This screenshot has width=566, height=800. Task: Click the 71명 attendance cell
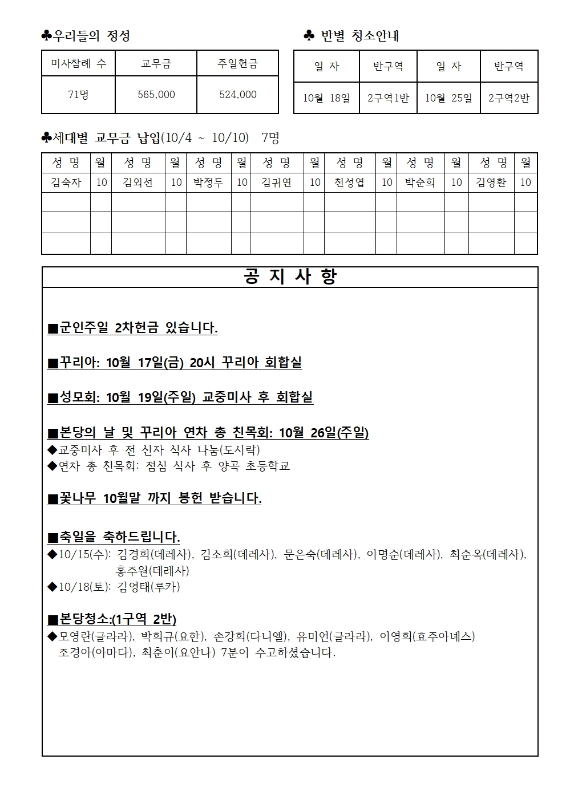click(78, 95)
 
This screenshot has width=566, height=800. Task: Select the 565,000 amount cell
click(156, 95)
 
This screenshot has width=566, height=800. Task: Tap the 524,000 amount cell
click(237, 95)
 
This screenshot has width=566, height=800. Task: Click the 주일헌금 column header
click(237, 64)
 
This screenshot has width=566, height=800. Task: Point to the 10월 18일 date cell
click(326, 98)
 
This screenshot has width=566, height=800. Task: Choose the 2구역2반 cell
click(509, 98)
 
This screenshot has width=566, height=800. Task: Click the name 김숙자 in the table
click(66, 182)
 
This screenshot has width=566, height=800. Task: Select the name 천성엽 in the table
click(349, 182)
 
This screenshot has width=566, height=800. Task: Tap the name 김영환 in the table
click(491, 182)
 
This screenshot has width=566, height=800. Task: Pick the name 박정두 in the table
click(208, 182)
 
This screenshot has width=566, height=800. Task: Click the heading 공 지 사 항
click(290, 277)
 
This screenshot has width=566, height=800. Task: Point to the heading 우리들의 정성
click(91, 36)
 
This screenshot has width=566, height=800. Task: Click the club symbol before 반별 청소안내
click(309, 36)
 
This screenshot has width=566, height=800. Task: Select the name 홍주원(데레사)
click(152, 570)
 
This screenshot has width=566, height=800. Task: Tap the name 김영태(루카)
click(148, 587)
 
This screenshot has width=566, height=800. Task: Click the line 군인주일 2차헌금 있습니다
click(132, 328)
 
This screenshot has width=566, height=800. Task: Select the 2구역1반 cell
click(388, 98)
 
